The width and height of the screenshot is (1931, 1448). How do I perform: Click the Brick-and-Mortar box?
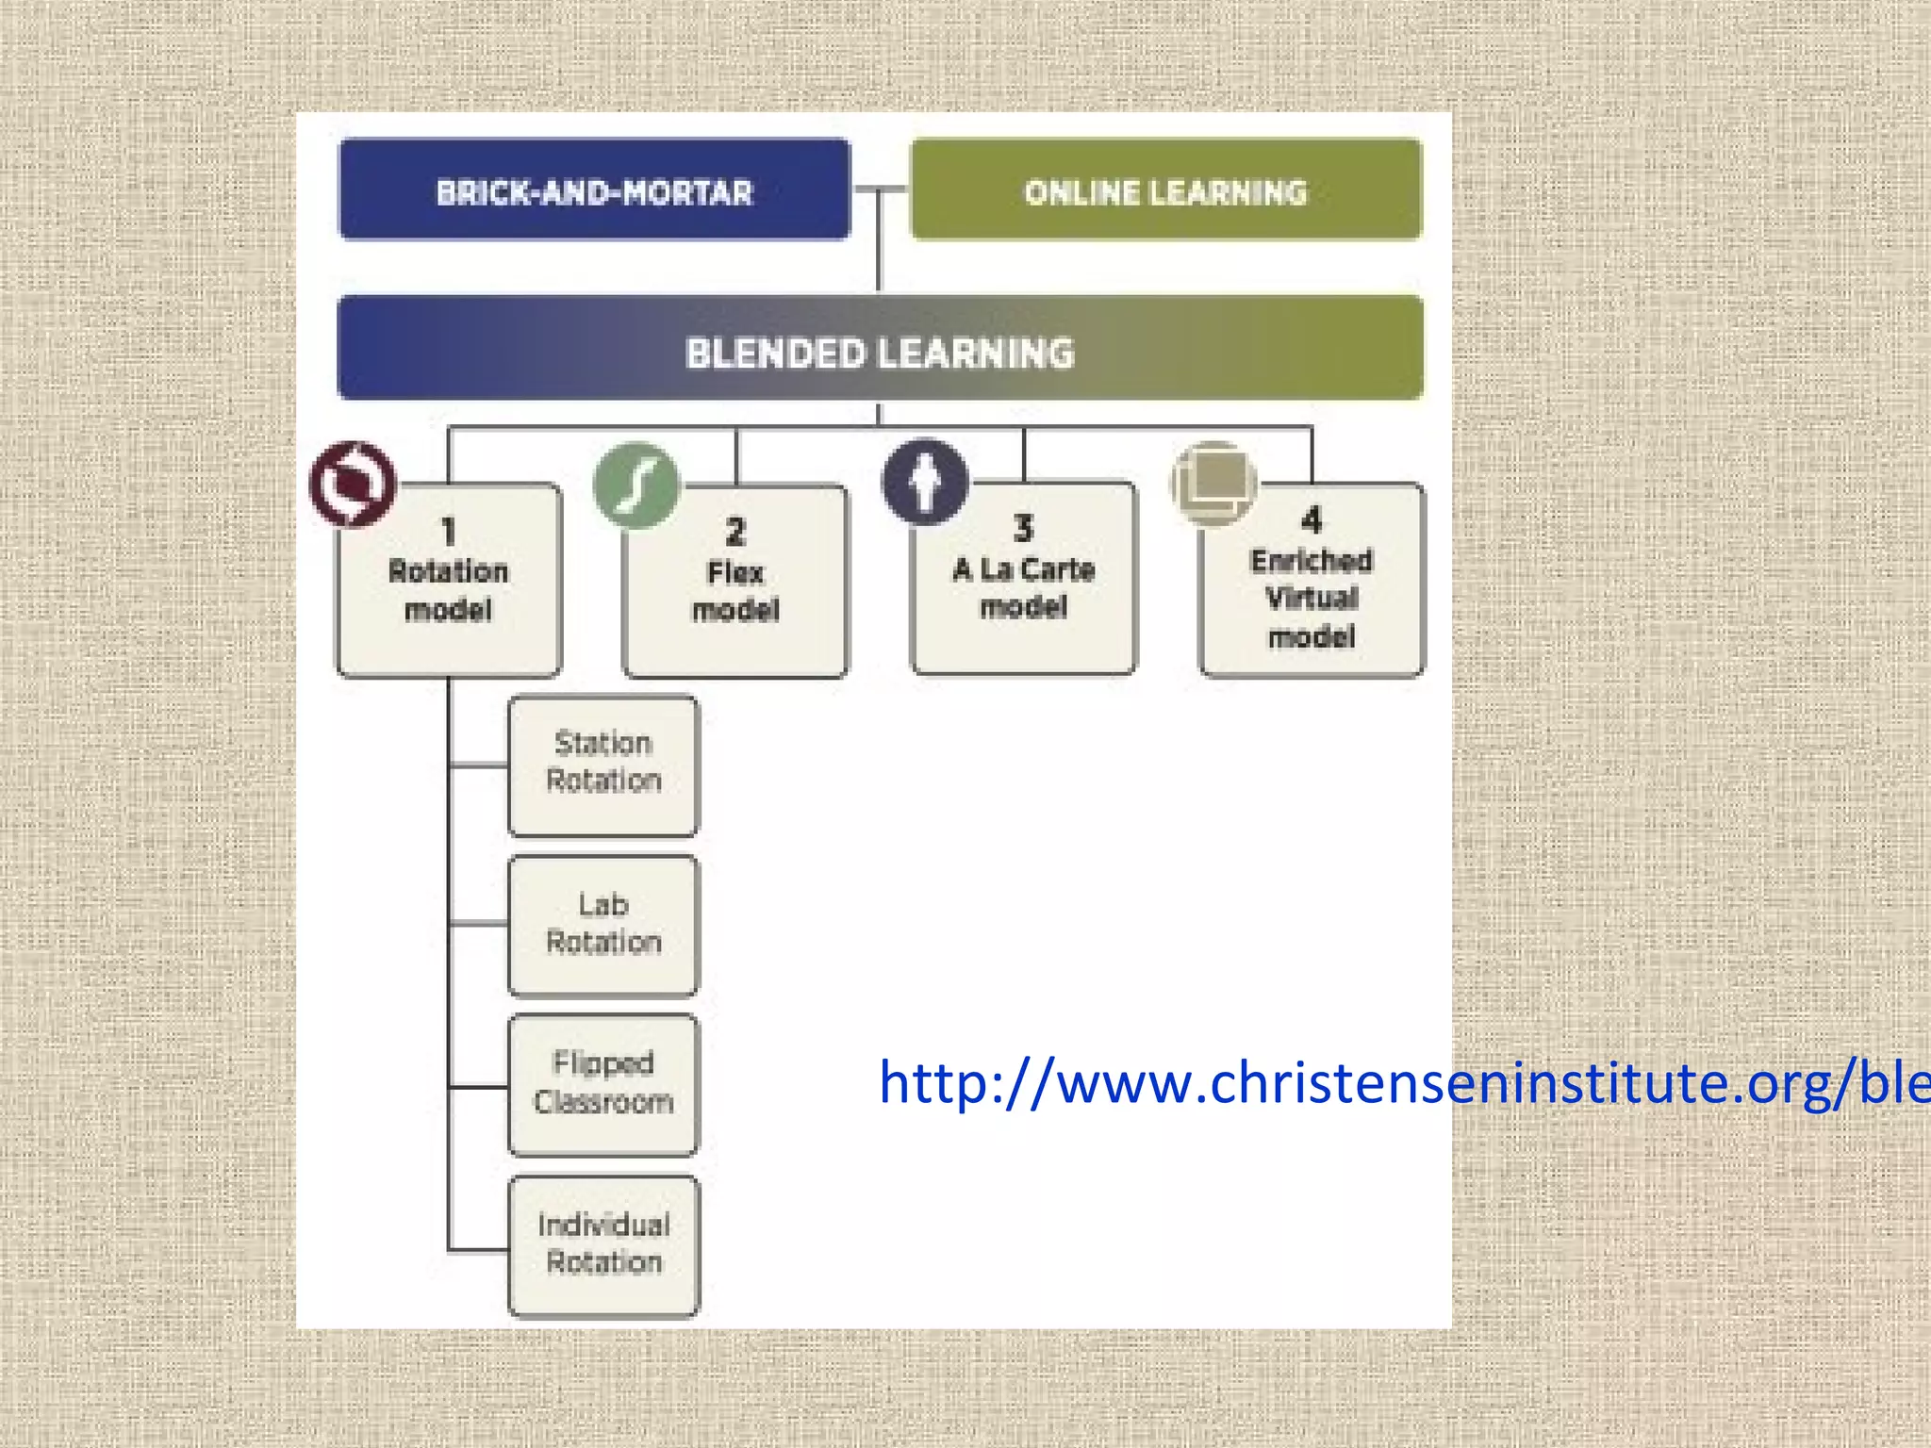(594, 190)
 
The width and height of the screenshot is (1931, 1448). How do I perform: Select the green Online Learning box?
(1165, 190)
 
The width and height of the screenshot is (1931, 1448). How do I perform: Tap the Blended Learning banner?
(880, 350)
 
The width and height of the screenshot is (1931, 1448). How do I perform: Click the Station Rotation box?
(603, 765)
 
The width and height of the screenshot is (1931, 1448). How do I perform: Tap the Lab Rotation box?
(603, 925)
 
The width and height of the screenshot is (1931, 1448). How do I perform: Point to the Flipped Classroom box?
(603, 1084)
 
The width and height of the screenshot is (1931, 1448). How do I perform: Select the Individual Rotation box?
(603, 1244)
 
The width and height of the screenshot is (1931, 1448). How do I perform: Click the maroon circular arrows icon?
(354, 484)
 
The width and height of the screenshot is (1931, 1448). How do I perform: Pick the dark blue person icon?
(925, 482)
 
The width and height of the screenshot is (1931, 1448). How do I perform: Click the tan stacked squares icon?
(1213, 482)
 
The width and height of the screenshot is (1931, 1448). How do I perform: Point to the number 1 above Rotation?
(449, 532)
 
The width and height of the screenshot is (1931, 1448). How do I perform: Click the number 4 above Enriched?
(1312, 519)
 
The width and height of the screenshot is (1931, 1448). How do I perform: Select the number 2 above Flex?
(735, 532)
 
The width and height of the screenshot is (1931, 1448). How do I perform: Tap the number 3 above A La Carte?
(1024, 528)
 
